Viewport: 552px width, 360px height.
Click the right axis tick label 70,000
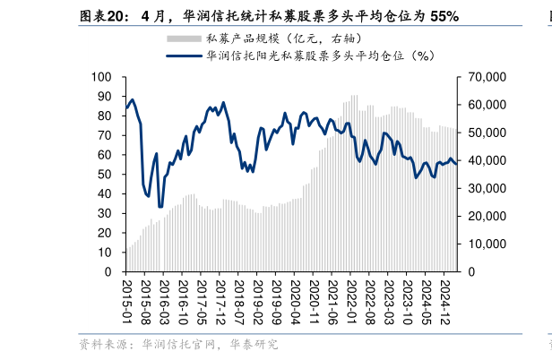pyautogui.click(x=485, y=78)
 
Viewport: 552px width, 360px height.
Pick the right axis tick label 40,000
pyautogui.click(x=485, y=161)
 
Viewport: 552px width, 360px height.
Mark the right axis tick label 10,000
pyautogui.click(x=485, y=244)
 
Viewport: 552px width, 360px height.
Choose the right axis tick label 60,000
pyautogui.click(x=485, y=106)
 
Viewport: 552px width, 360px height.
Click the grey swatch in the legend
pyautogui.click(x=184, y=39)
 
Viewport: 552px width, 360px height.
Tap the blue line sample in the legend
pyautogui.click(x=184, y=56)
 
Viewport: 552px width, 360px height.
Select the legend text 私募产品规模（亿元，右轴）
pyautogui.click(x=283, y=39)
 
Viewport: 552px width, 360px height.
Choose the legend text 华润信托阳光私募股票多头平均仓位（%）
pyautogui.click(x=320, y=56)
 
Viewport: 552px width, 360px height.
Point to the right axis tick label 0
pyautogui.click(x=470, y=271)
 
